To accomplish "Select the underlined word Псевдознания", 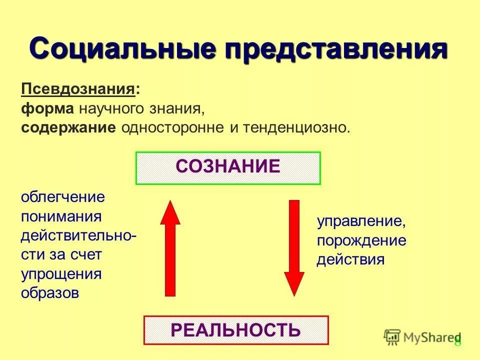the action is coord(78,90).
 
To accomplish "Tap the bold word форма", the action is coord(47,108).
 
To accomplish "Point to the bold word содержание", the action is coord(68,127).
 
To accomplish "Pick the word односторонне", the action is coord(173,127).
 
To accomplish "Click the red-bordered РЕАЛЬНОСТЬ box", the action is coord(236,330).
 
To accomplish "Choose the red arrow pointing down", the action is coord(294,247).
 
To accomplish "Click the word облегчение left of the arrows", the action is coord(63,196).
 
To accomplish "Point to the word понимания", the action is coord(61,216).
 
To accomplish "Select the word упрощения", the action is coord(61,274).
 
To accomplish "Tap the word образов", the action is coord(50,293).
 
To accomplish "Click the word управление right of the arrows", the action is coord(360,221).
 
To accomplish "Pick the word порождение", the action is coord(361,241).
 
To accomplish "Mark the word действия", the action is coord(350,260).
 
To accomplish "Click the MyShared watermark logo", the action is coord(421,337).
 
